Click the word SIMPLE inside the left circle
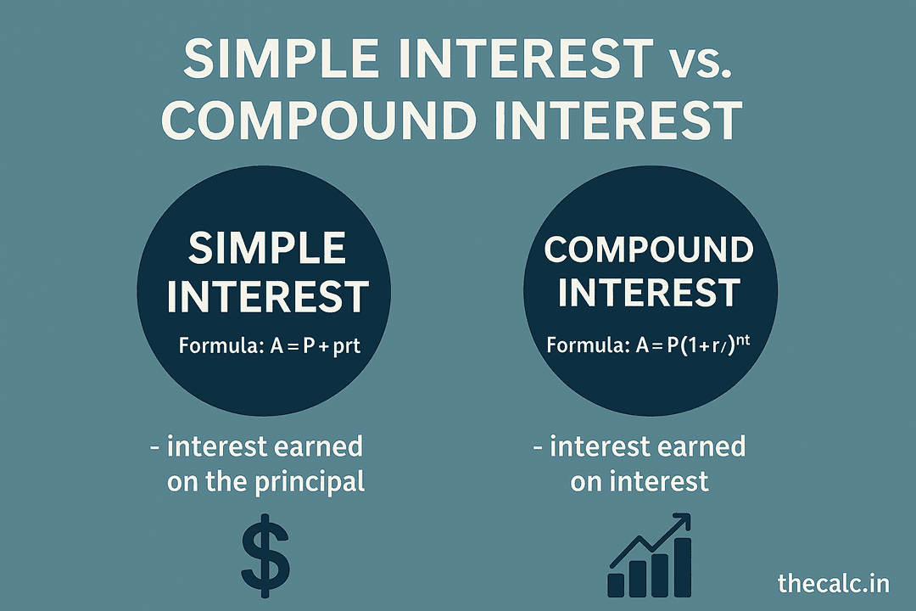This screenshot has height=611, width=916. pos(267,249)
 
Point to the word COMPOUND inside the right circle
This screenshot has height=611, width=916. pos(649,250)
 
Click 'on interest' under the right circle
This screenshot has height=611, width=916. pos(640,482)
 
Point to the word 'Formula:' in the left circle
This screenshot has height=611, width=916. pos(215,345)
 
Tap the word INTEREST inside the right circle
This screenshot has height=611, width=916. pos(649,293)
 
